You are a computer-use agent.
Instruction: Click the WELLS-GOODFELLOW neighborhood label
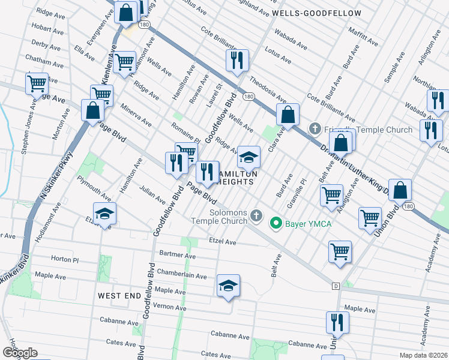[316, 13]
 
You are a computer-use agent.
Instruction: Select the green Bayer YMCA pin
[276, 224]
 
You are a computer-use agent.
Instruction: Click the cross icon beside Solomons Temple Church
[256, 215]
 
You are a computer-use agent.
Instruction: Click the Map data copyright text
[424, 355]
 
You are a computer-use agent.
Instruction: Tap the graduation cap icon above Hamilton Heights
[249, 157]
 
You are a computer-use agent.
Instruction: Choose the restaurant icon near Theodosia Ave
[237, 60]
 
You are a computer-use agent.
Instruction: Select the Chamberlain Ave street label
[181, 274]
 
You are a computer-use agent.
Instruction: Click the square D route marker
[336, 285]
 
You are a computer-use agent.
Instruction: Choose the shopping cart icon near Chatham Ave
[124, 62]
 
